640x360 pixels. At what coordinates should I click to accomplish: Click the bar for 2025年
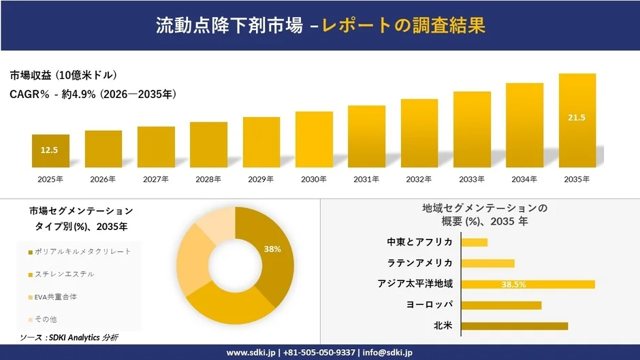point(50,150)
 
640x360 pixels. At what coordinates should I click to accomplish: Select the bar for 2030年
point(314,140)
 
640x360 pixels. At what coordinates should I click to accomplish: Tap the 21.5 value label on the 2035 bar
point(577,118)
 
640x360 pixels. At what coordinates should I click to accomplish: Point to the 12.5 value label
point(50,150)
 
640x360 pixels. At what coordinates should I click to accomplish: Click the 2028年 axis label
point(208,179)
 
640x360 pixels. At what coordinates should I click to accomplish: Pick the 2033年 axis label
point(472,179)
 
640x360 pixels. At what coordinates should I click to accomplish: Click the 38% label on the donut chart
point(272,249)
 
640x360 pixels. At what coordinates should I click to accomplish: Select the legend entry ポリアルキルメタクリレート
point(83,252)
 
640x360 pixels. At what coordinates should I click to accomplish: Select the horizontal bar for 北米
point(514,326)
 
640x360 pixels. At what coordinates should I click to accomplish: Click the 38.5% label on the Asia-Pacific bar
point(513,284)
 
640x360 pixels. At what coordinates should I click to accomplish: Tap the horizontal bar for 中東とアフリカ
point(474,242)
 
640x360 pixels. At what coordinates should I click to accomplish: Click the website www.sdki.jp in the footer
point(251,353)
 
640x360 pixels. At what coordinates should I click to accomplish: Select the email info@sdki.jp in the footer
point(387,353)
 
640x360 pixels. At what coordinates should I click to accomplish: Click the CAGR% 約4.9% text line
point(93,95)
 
